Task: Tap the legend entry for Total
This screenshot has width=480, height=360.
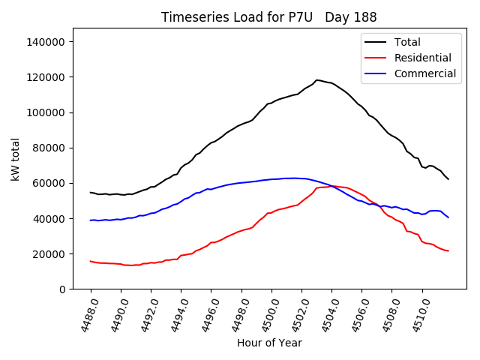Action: click(x=408, y=42)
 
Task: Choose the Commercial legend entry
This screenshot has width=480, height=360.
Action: click(x=424, y=73)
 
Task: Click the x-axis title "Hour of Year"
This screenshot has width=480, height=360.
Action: click(x=269, y=343)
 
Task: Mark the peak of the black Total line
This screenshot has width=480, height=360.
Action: click(x=317, y=79)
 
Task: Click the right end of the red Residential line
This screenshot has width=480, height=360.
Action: click(x=448, y=250)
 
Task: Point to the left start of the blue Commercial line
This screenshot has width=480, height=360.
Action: click(x=91, y=220)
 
